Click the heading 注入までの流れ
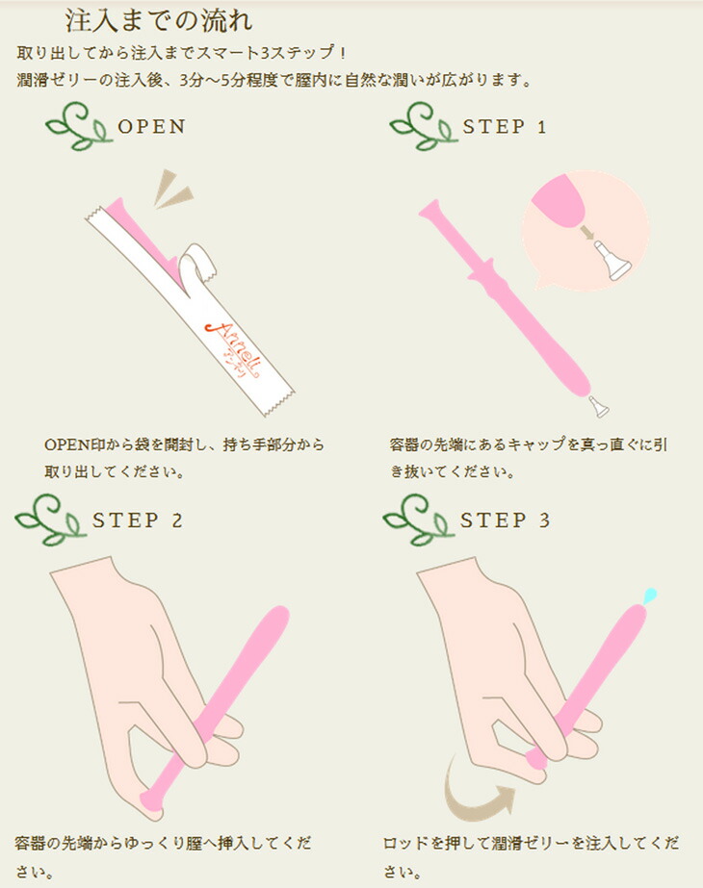click(x=159, y=21)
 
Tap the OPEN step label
click(x=152, y=126)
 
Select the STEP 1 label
click(x=505, y=126)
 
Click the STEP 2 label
click(x=138, y=520)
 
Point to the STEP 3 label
click(x=506, y=520)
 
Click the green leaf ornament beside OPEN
click(x=78, y=127)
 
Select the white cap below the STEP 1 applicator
click(x=599, y=407)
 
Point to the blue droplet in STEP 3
click(x=650, y=595)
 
